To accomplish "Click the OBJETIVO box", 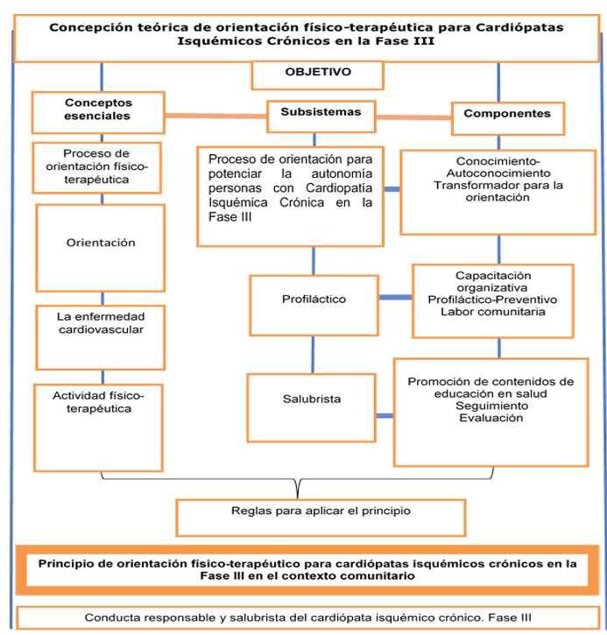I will click(x=317, y=74).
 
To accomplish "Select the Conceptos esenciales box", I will click(x=98, y=110).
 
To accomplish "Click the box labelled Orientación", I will click(x=101, y=243).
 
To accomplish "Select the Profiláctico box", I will click(x=314, y=300).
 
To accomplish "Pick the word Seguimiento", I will click(x=491, y=406).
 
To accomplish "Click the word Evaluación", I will click(x=491, y=418).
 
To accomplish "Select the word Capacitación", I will click(x=492, y=275).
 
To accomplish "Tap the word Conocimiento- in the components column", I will click(x=498, y=161).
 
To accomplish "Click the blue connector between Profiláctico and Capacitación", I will click(x=395, y=298).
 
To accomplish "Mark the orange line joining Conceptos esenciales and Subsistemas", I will click(x=215, y=115).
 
